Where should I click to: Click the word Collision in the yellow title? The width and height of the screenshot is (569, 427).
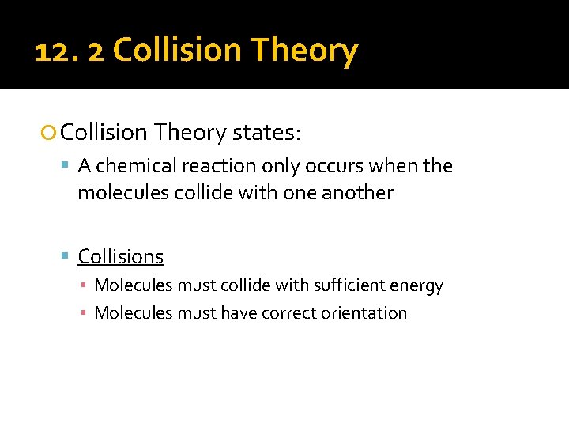pos(177,51)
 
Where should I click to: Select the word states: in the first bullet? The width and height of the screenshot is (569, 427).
pos(266,132)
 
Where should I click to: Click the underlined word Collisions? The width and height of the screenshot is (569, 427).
pos(121,256)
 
